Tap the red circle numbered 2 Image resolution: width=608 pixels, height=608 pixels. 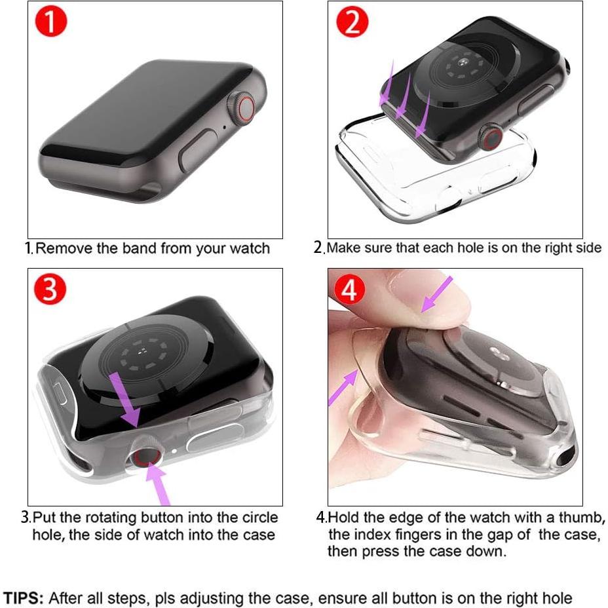(x=353, y=24)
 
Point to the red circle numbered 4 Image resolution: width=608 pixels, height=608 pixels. (x=350, y=289)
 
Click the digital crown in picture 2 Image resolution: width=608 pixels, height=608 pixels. (x=491, y=136)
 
